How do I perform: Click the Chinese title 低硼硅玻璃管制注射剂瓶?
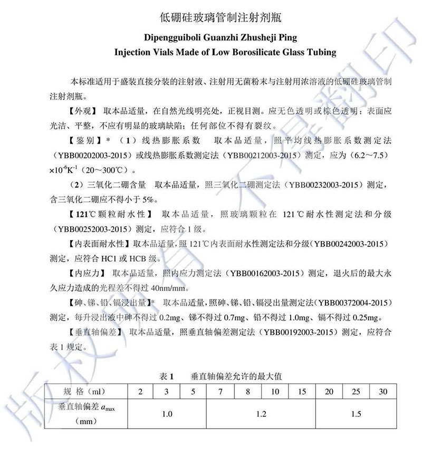[x=221, y=17]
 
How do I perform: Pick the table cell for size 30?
[x=382, y=392]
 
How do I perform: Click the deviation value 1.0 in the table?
[x=167, y=414]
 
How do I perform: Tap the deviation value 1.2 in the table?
[x=261, y=414]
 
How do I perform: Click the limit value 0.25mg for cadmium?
[x=365, y=318]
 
